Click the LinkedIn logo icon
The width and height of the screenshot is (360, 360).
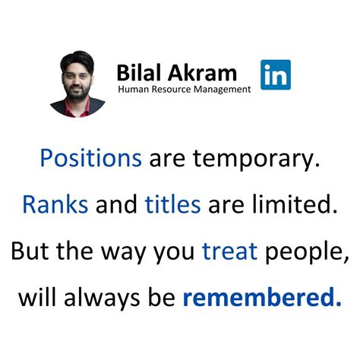click(275, 74)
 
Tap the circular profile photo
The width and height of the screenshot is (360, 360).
click(79, 84)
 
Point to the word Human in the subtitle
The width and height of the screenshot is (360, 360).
click(132, 90)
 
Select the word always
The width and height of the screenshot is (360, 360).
click(103, 297)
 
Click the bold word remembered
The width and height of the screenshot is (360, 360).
click(261, 296)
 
